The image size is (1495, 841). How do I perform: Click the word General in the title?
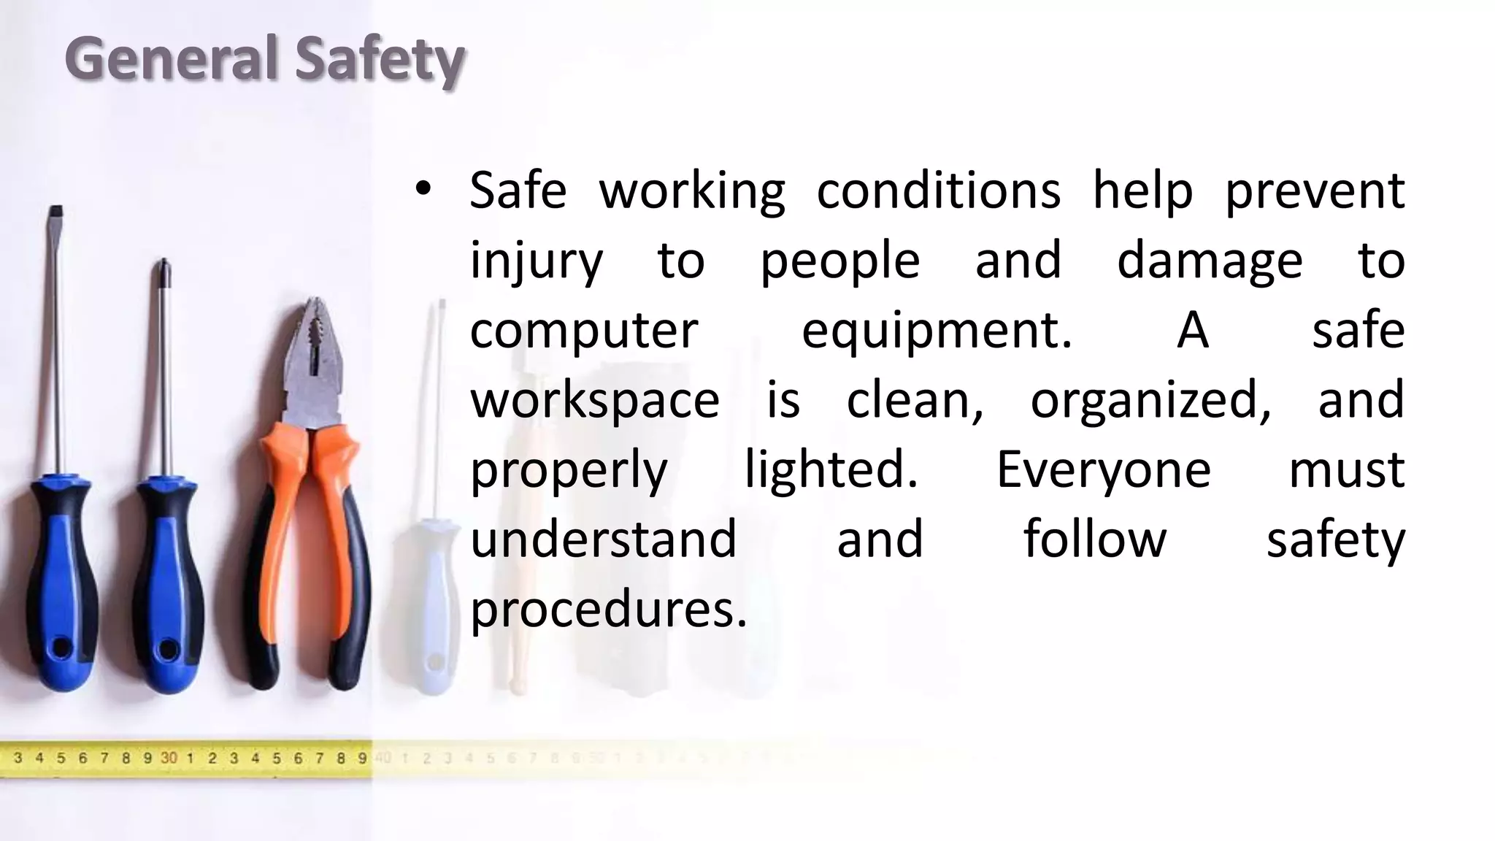[171, 58]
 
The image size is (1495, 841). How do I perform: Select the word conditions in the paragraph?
[938, 191]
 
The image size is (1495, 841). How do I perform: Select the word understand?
[603, 539]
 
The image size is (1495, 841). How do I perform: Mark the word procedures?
[608, 609]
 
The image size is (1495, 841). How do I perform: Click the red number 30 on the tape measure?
[169, 758]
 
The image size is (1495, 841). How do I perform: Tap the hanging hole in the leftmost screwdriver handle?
[59, 648]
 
